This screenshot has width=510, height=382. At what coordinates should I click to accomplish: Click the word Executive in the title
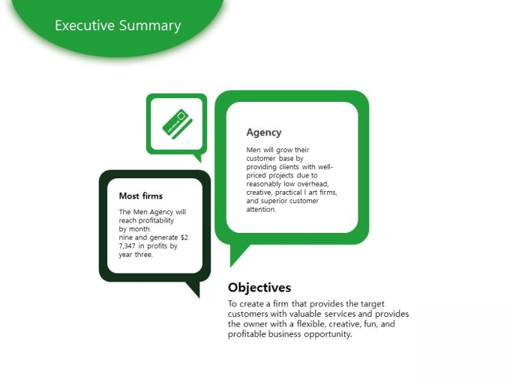click(x=85, y=25)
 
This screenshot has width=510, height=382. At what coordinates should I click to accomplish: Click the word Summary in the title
click(x=150, y=26)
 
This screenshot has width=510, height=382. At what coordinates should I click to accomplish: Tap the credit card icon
click(x=178, y=124)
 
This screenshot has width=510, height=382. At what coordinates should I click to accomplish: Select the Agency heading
click(x=264, y=133)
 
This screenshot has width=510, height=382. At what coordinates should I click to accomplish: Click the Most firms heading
click(x=140, y=196)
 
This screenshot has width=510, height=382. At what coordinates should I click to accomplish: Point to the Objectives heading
click(x=259, y=288)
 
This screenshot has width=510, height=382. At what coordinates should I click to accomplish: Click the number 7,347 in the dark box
click(x=127, y=246)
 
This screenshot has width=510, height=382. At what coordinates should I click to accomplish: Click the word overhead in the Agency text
click(x=313, y=184)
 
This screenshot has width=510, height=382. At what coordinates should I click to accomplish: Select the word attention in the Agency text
click(x=261, y=210)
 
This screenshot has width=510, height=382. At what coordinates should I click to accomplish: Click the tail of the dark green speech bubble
click(x=193, y=289)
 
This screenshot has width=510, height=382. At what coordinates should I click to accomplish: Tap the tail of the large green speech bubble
click(x=238, y=254)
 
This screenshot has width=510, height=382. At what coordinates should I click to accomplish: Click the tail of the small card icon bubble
click(x=198, y=157)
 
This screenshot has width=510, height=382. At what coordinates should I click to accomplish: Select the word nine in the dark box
click(x=126, y=237)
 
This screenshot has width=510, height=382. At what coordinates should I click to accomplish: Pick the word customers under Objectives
click(x=247, y=314)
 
